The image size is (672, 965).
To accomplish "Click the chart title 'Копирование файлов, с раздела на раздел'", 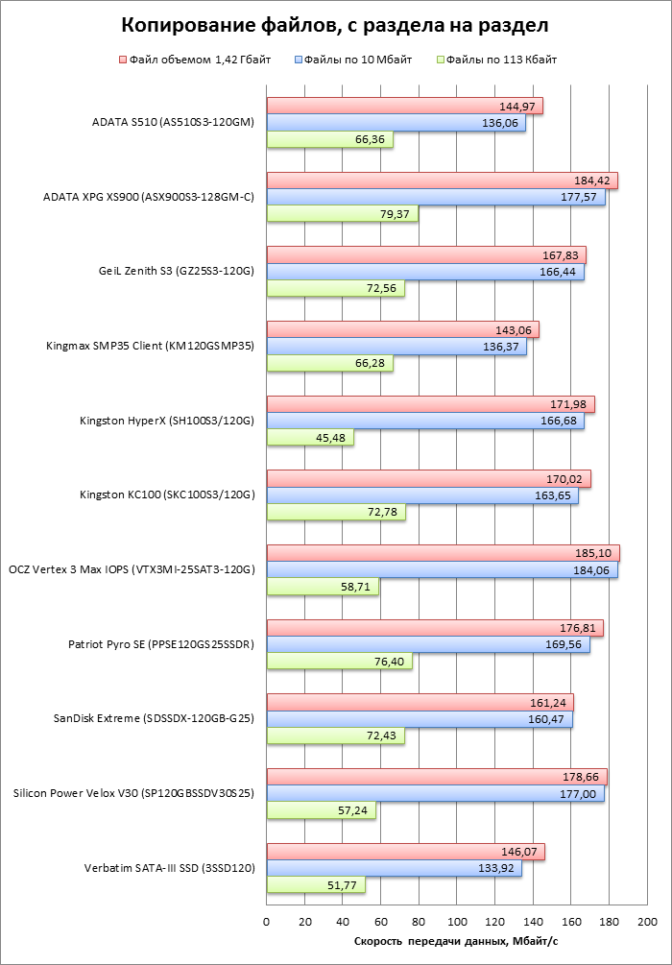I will tap(337, 24).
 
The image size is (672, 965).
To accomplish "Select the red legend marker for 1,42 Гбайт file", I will tap(123, 60).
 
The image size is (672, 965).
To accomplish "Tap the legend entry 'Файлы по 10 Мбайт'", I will tap(358, 60).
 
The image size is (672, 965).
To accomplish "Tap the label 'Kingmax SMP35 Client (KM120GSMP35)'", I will tap(149, 346).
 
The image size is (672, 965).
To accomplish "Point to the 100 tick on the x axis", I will tap(457, 922).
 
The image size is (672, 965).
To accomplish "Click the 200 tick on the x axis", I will tap(647, 922).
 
